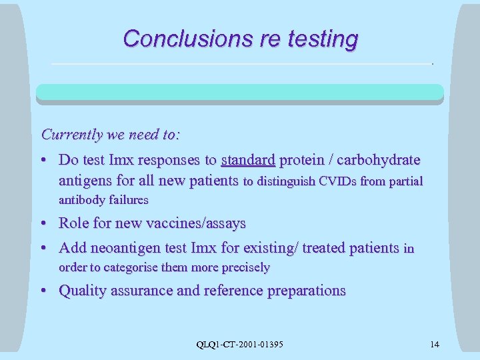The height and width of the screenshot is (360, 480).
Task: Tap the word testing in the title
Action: pos(323,39)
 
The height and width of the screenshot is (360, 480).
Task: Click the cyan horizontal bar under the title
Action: pos(239,92)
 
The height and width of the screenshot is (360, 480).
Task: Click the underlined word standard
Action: pos(247,160)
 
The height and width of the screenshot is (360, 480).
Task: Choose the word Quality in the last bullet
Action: pos(83,291)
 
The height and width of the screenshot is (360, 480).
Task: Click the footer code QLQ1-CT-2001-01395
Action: pos(239,344)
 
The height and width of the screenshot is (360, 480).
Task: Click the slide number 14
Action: pos(434,344)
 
